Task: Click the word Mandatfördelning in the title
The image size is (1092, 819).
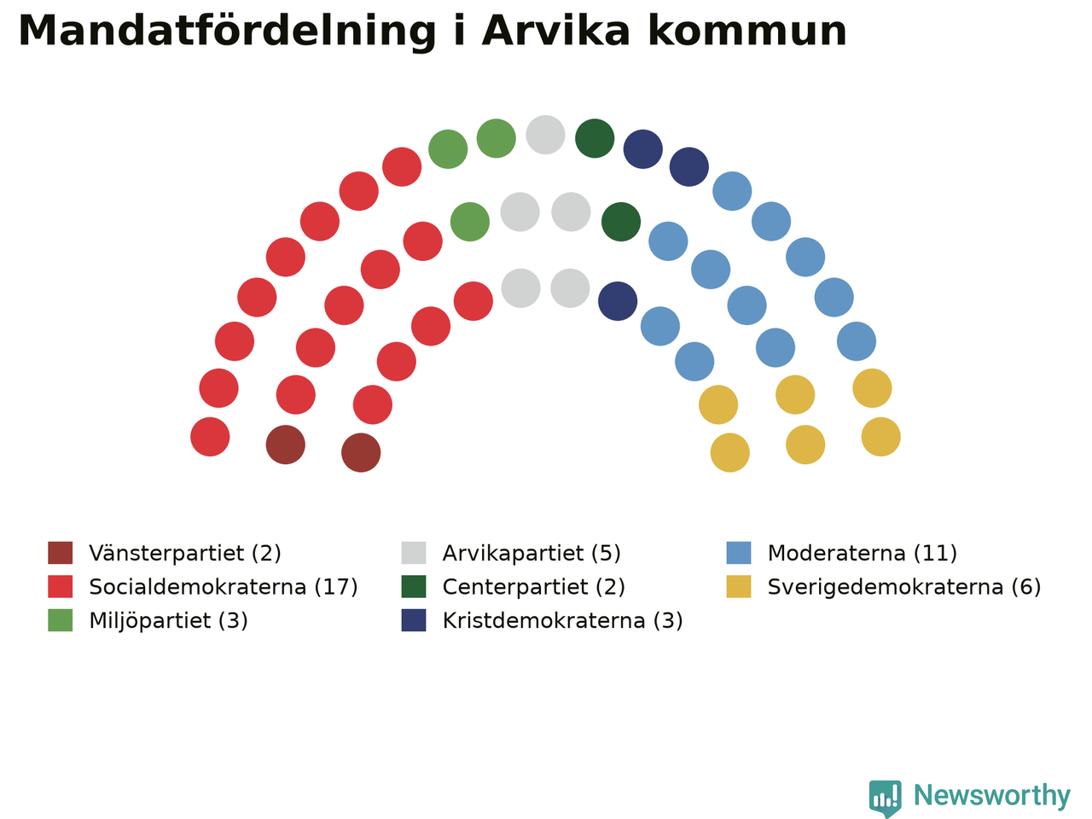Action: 227,32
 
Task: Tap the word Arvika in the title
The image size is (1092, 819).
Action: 556,31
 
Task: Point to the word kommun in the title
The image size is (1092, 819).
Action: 747,31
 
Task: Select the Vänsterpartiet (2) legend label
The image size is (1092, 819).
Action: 185,553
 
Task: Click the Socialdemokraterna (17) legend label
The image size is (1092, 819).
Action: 224,587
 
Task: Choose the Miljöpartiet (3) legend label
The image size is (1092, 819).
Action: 168,620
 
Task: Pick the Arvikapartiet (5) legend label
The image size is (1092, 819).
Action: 531,553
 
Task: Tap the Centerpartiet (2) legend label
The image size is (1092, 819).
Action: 533,587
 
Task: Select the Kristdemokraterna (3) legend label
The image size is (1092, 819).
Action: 562,620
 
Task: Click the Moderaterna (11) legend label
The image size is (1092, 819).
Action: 863,553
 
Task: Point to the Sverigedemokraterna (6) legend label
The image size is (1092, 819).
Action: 904,587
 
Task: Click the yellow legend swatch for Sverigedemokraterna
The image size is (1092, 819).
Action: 738,587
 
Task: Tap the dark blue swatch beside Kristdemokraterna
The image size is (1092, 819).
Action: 414,620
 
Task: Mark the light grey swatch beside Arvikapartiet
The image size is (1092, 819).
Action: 414,553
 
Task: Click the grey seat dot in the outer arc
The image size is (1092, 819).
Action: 545,135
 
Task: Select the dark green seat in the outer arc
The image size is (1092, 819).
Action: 595,138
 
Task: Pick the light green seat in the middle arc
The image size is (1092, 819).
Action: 469,222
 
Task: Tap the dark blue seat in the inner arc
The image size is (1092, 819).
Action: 618,301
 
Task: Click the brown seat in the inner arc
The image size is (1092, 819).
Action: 361,452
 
